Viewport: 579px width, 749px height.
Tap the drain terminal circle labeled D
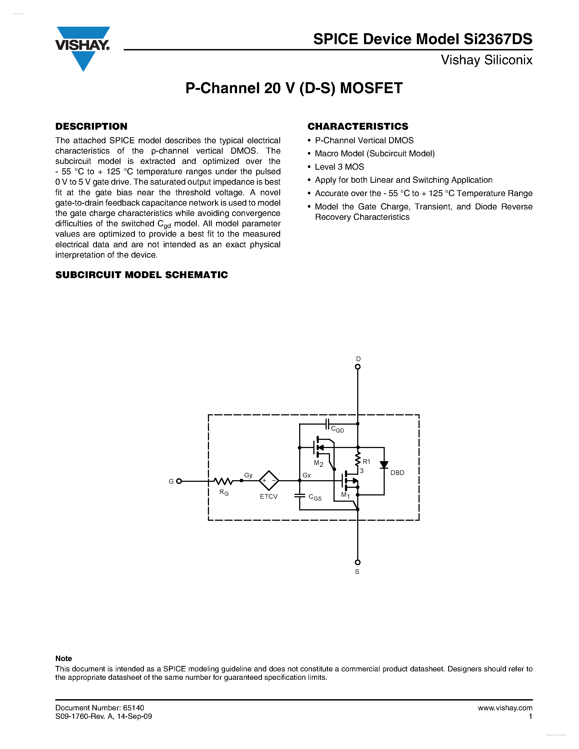click(x=357, y=367)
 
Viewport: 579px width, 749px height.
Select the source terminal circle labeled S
click(x=357, y=562)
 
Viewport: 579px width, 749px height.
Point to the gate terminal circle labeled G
click(x=179, y=481)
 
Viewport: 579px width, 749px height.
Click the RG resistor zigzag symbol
click(x=223, y=481)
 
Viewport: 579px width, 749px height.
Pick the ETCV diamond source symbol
click(x=269, y=480)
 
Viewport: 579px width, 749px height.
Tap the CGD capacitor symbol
click(x=327, y=424)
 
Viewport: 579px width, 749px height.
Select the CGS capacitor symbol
click(x=299, y=495)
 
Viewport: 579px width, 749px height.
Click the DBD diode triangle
click(x=384, y=465)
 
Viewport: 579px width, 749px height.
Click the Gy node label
click(x=248, y=475)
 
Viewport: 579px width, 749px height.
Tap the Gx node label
click(x=307, y=475)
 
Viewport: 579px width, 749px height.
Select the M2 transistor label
click(x=318, y=463)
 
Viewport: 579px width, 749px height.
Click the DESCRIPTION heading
click(x=91, y=127)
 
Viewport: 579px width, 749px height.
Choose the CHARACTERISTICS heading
click(x=358, y=127)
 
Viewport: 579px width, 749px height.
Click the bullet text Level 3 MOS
click(x=339, y=167)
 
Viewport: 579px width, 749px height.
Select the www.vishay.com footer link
click(x=505, y=708)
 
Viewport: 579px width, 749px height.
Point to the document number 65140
click(x=134, y=708)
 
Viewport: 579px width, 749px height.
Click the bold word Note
click(x=63, y=659)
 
